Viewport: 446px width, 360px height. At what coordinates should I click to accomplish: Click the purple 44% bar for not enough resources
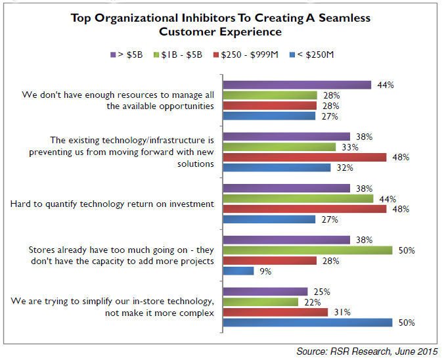pyautogui.click(x=297, y=85)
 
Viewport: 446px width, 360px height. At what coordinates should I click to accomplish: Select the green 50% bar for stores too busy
pyautogui.click(x=307, y=250)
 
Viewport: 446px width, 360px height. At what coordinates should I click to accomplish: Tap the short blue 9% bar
pyautogui.click(x=238, y=271)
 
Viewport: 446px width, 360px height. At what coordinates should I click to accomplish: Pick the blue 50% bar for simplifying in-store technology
pyautogui.click(x=307, y=323)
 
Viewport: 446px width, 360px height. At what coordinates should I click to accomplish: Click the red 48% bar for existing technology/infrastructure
pyautogui.click(x=305, y=157)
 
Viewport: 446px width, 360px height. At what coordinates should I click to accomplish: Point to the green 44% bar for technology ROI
pyautogui.click(x=298, y=198)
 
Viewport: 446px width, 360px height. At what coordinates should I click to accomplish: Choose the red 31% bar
pyautogui.click(x=276, y=312)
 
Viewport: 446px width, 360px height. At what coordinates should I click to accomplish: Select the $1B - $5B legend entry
pyautogui.click(x=177, y=54)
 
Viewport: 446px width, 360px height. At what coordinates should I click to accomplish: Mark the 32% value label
pyautogui.click(x=344, y=168)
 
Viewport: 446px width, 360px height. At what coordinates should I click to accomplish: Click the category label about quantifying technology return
pyautogui.click(x=112, y=204)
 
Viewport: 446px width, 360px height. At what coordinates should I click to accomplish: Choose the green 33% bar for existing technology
pyautogui.click(x=279, y=146)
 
